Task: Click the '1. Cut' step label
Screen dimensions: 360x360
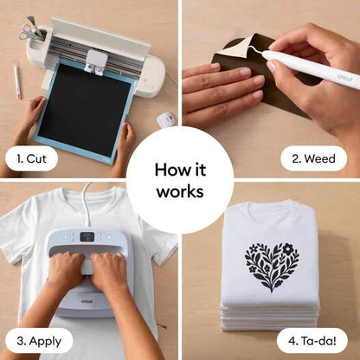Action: click(32, 159)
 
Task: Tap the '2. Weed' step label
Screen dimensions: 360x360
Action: click(313, 158)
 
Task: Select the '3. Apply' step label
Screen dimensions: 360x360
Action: click(39, 341)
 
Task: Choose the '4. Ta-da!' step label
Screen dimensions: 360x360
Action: click(312, 341)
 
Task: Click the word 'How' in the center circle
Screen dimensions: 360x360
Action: click(169, 170)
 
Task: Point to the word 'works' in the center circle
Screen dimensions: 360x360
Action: click(180, 191)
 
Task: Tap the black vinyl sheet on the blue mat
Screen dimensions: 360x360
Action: click(85, 110)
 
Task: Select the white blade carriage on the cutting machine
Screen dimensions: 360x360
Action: click(97, 62)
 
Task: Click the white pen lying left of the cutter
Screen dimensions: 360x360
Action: click(17, 80)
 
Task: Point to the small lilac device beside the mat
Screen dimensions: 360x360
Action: click(166, 119)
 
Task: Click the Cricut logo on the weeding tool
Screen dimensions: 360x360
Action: click(344, 77)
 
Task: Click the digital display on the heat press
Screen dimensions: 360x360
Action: click(87, 237)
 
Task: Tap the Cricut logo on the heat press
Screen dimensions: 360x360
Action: click(87, 301)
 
